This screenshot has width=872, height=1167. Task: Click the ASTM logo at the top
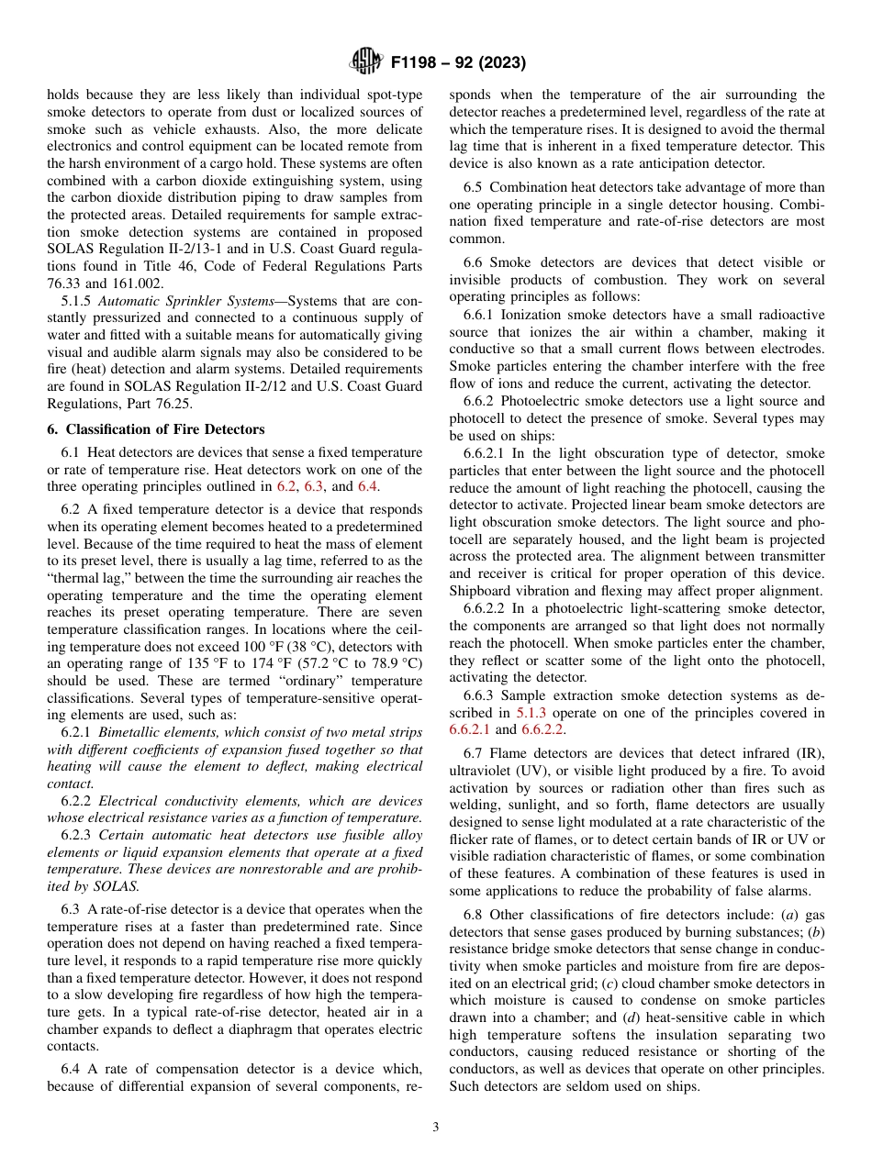(364, 62)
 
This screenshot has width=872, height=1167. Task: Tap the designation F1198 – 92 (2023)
(458, 63)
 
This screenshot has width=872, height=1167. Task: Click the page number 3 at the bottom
(436, 1128)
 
